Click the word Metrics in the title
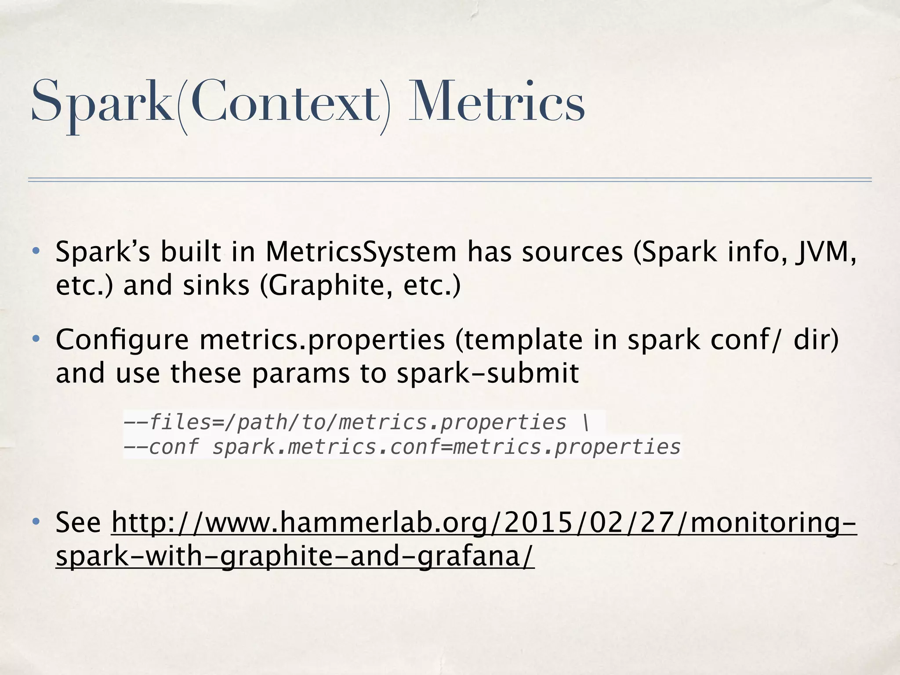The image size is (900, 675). point(497,102)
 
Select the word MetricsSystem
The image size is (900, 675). point(361,252)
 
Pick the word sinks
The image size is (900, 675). point(216,286)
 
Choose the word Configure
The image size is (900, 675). point(122,341)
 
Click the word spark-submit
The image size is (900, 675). point(487,374)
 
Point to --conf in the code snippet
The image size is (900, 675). point(161,447)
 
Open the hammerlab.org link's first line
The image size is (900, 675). point(484,523)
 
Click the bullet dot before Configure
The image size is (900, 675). point(36,340)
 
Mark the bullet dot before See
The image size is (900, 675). point(36,522)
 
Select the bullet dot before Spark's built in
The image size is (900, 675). point(36,252)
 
